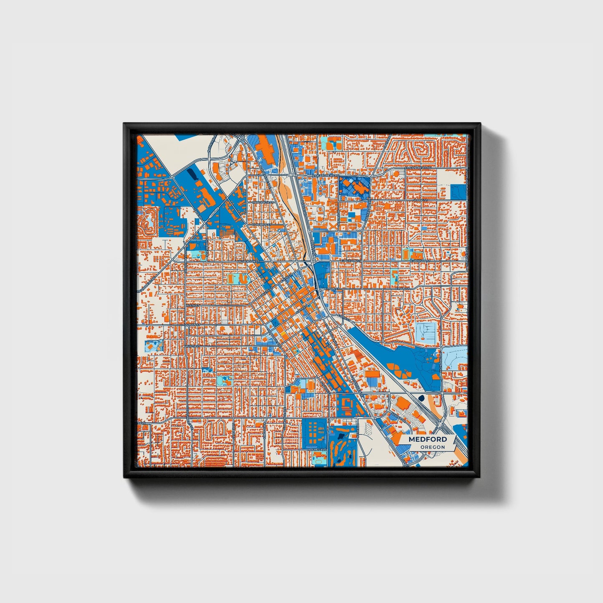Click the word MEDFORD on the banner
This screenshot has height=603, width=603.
428,439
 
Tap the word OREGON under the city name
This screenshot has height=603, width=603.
432,447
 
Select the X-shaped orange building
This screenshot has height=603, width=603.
331,226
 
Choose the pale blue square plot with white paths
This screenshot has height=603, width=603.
426,332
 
